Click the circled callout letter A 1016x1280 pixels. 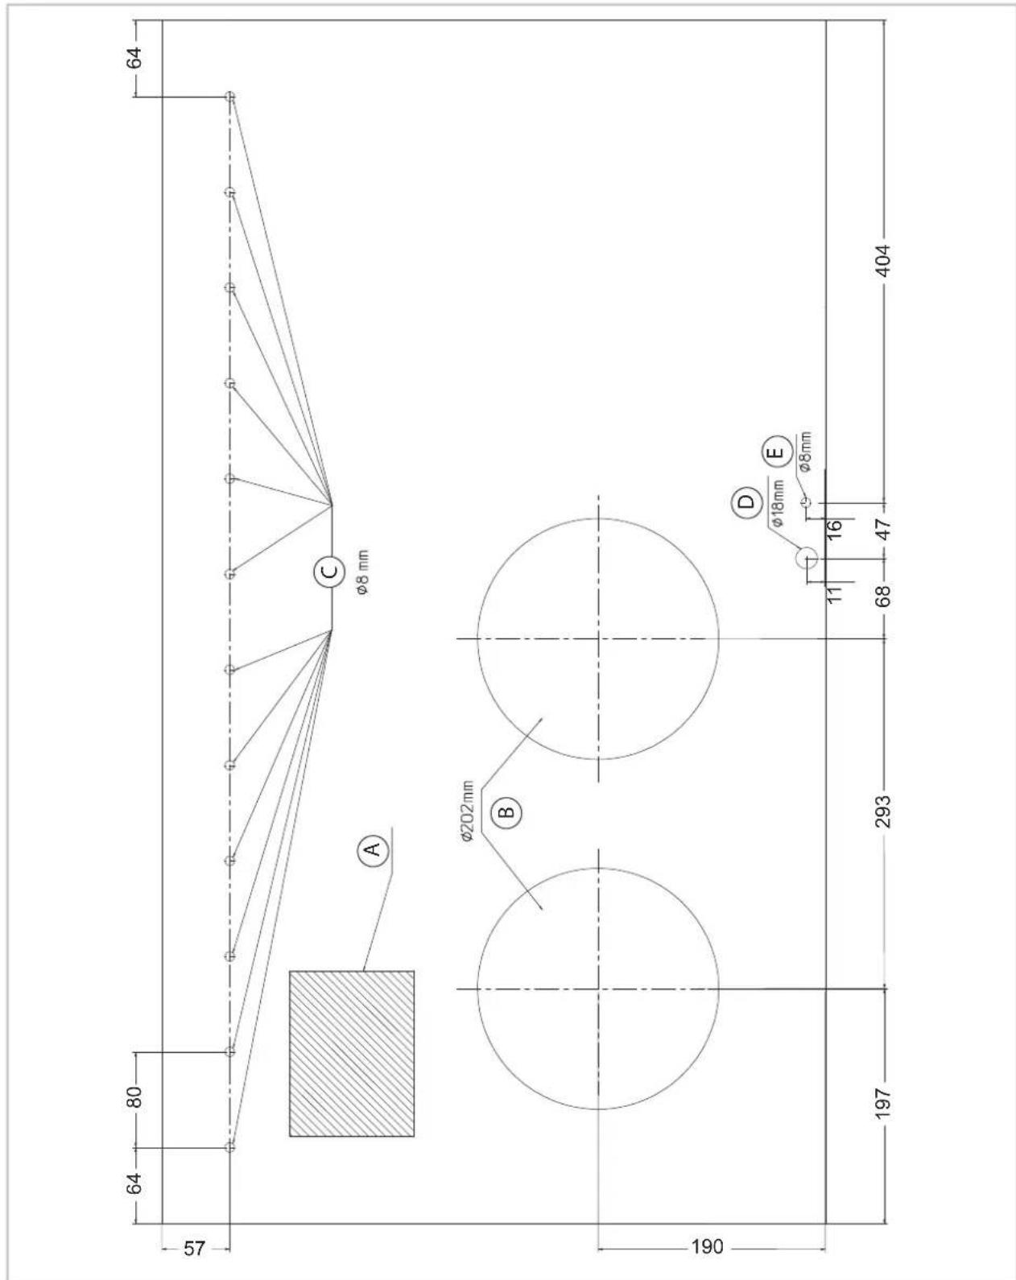tap(373, 849)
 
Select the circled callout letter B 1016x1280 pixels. tap(506, 812)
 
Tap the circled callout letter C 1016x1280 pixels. tap(329, 572)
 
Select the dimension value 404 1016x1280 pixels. tap(882, 260)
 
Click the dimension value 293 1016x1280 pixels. tap(882, 811)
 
